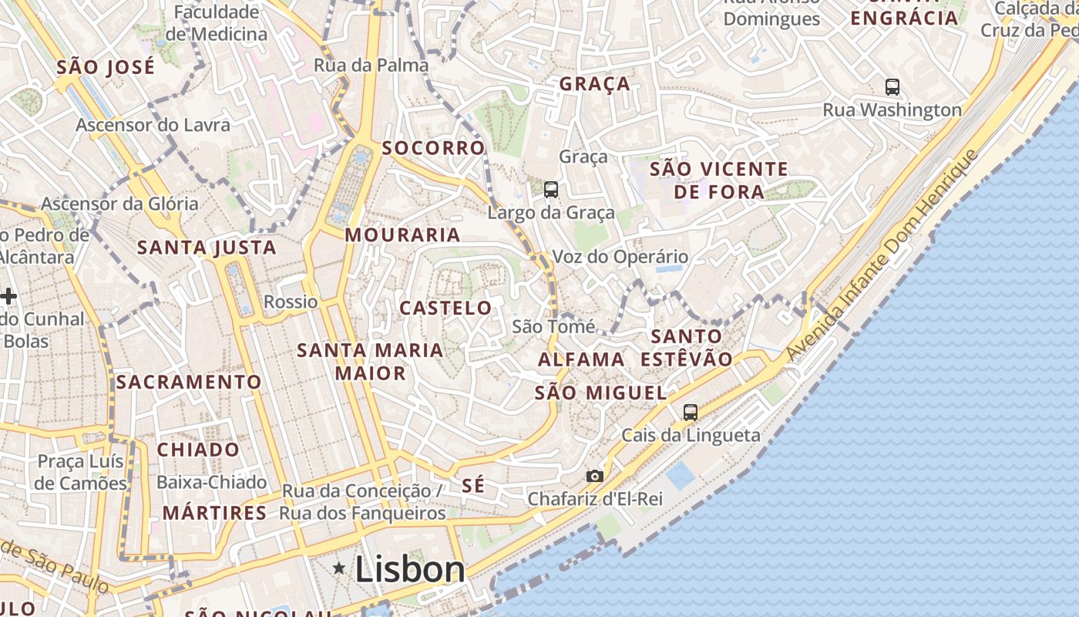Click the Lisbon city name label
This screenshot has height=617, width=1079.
tap(410, 569)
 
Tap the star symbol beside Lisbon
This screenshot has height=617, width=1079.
tap(338, 568)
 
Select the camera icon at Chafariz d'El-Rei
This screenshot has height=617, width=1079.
tap(594, 476)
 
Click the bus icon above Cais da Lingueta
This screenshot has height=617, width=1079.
tap(690, 413)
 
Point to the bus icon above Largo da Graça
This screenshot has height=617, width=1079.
tap(550, 189)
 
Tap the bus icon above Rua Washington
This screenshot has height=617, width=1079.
tap(892, 87)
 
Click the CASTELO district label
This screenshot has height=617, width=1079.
tap(445, 308)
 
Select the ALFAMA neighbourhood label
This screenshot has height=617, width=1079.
tap(581, 359)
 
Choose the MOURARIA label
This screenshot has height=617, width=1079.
tap(402, 234)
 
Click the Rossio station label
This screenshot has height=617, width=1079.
tap(291, 302)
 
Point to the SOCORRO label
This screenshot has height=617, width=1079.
tap(433, 147)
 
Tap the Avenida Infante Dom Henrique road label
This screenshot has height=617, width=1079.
tap(882, 255)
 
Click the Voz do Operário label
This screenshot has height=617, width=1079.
tap(620, 257)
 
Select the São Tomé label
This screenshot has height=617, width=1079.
tap(553, 327)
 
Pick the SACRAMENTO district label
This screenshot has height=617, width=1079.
tap(189, 382)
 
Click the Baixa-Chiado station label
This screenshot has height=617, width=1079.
tap(212, 483)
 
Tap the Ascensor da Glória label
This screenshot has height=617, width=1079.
tap(119, 204)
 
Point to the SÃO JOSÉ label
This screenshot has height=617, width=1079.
tap(106, 66)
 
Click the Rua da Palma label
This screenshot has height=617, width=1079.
tap(371, 66)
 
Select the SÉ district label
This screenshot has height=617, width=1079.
tap(473, 485)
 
